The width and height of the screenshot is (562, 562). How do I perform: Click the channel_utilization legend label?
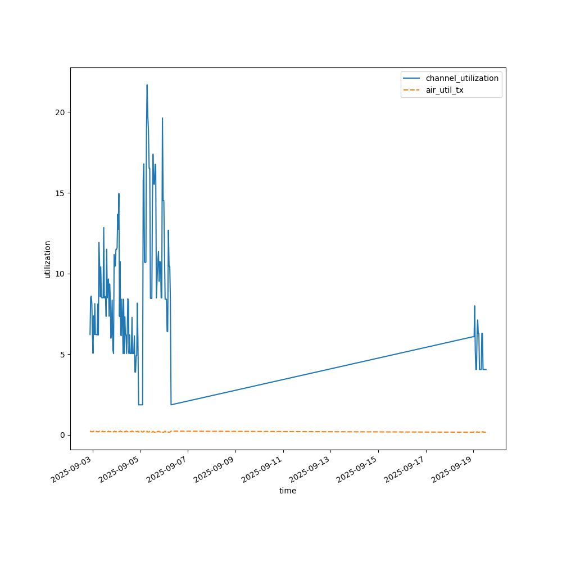(x=461, y=78)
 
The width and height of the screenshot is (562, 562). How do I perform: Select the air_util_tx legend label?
(x=444, y=90)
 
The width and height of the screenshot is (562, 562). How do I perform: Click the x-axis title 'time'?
(x=288, y=491)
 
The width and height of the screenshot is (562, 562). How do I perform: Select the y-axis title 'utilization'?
(x=48, y=259)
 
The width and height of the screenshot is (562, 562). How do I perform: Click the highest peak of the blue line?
(x=147, y=85)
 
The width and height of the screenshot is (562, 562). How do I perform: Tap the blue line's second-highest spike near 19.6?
(x=162, y=118)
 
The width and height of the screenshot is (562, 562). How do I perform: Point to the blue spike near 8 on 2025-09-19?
(x=475, y=306)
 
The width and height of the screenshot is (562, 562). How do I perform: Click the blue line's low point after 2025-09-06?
(x=171, y=405)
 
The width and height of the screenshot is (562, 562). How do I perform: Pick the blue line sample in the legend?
(x=414, y=78)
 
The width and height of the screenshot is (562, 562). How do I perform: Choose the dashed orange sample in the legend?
(x=414, y=90)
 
